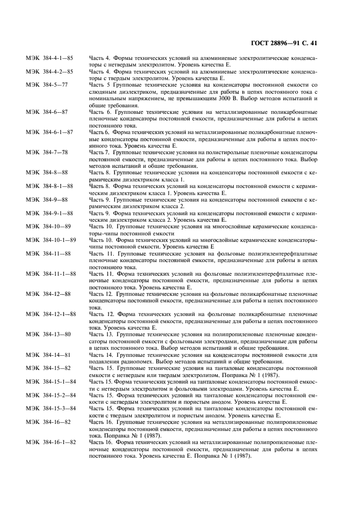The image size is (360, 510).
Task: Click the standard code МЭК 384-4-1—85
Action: (x=50, y=57)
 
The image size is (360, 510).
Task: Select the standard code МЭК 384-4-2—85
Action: (x=50, y=71)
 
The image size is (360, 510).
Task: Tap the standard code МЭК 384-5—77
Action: (x=47, y=84)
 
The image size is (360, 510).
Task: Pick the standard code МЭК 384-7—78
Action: (x=47, y=152)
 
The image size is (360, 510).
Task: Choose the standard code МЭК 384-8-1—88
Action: (x=50, y=186)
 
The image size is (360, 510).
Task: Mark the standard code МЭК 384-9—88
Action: (x=47, y=199)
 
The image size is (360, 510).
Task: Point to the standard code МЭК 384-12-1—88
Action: (x=51, y=314)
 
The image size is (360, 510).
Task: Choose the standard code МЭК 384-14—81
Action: (x=48, y=355)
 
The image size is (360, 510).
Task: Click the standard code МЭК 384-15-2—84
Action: (x=51, y=395)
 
